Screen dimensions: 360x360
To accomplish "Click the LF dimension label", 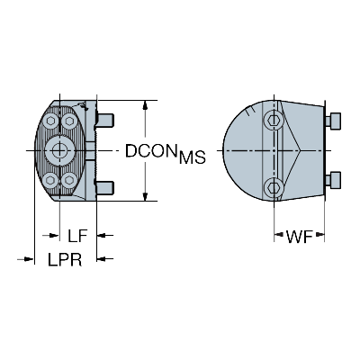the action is pyautogui.click(x=77, y=236).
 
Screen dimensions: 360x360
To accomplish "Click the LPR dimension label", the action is pyautogui.click(x=65, y=259).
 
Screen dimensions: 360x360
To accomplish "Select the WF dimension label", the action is pyautogui.click(x=300, y=237).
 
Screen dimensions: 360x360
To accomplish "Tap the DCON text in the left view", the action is pyautogui.click(x=150, y=150).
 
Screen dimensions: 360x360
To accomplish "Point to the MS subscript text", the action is pyautogui.click(x=193, y=157).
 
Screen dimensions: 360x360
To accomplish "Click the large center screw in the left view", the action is pyautogui.click(x=59, y=149).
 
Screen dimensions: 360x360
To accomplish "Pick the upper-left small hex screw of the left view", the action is pyautogui.click(x=49, y=121).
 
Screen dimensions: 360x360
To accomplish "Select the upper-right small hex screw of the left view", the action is pyautogui.click(x=69, y=121).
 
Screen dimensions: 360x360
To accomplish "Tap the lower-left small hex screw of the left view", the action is pyautogui.click(x=49, y=180).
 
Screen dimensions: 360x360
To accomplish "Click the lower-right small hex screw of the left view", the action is pyautogui.click(x=69, y=180).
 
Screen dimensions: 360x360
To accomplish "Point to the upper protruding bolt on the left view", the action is pyautogui.click(x=105, y=120).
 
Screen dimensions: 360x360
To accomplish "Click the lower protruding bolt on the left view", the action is pyautogui.click(x=105, y=187).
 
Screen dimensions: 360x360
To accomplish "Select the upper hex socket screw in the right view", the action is pyautogui.click(x=274, y=120).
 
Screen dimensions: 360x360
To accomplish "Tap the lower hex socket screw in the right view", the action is pyautogui.click(x=274, y=187).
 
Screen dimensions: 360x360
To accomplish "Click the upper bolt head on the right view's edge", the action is pyautogui.click(x=333, y=121).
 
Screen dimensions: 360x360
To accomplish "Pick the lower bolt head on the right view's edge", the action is pyautogui.click(x=333, y=181).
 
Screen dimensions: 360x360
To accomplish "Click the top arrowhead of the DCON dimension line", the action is pyautogui.click(x=145, y=105).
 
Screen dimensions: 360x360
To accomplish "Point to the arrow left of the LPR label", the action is pyautogui.click(x=25, y=258).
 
